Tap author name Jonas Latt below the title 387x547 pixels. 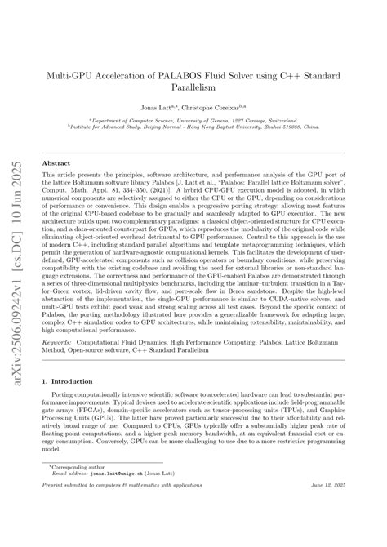[x=162, y=107]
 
